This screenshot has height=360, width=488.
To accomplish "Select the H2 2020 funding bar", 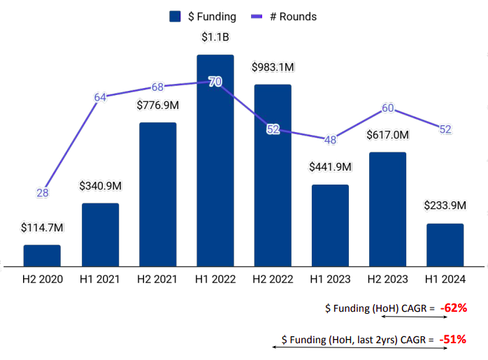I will tap(42, 255).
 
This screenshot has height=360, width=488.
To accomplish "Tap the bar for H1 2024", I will tap(445, 245).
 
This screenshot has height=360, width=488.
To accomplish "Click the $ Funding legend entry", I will tap(203, 16).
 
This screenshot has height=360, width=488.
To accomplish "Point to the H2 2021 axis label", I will tap(157, 279).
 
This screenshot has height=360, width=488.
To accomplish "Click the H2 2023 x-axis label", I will tap(387, 279).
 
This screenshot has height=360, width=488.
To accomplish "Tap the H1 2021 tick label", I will tap(100, 279).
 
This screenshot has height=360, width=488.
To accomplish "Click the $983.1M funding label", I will tap(273, 67).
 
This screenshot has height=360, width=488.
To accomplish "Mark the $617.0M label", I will tap(387, 135).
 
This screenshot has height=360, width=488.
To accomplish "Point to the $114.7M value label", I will tap(42, 228).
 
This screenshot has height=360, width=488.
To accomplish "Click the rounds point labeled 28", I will tap(43, 193).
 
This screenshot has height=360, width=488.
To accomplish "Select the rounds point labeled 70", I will tap(215, 82).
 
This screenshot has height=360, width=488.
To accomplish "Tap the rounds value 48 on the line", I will tap(330, 140).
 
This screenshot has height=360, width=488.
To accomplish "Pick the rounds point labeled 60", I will tap(388, 108).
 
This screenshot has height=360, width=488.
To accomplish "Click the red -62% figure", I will tap(453, 307).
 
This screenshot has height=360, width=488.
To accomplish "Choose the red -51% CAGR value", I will tap(453, 339).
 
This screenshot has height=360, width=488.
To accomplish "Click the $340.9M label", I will tap(100, 186).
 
